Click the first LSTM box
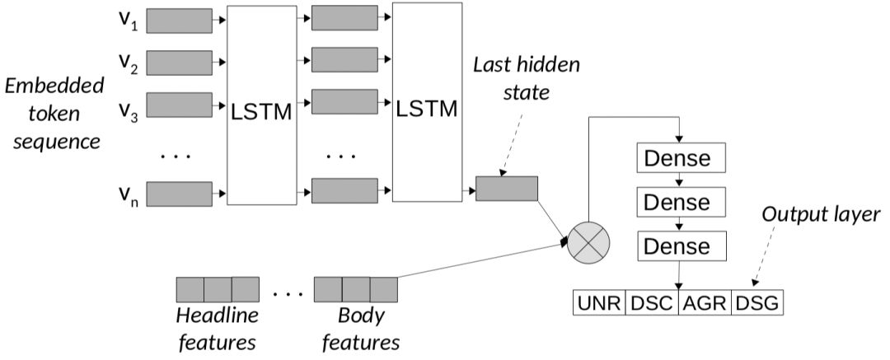(260, 105)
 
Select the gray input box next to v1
(179, 20)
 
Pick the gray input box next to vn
(179, 195)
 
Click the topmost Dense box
(677, 158)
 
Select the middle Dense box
(677, 202)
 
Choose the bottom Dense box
(677, 245)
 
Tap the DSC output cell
(652, 303)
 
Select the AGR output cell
(705, 303)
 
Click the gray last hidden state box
(506, 189)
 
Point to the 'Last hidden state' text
(512, 77)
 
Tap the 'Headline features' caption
(217, 328)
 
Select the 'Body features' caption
(361, 328)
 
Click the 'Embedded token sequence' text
(53, 113)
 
